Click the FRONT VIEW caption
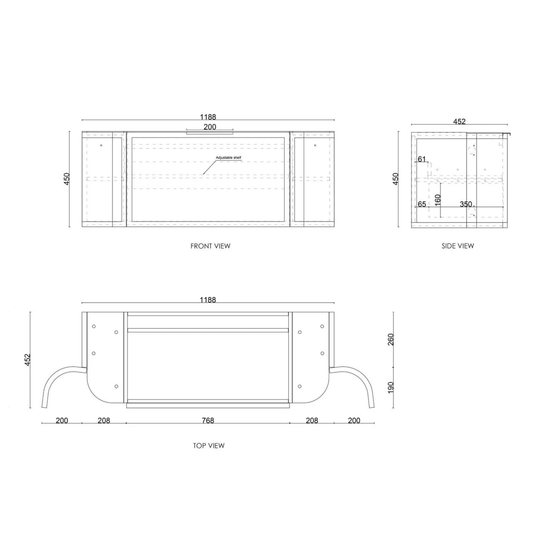(x=210, y=246)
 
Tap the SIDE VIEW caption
(x=457, y=246)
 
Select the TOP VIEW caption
(x=209, y=446)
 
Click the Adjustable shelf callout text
(x=228, y=158)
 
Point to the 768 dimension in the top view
(x=208, y=420)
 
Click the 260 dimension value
(x=391, y=339)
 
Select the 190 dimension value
(x=391, y=387)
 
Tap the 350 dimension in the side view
(x=466, y=204)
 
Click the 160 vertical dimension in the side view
(x=437, y=200)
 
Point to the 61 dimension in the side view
(x=422, y=159)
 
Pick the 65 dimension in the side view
(x=422, y=204)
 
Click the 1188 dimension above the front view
(x=208, y=117)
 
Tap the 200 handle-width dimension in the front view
(x=209, y=127)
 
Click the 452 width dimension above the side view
(x=459, y=122)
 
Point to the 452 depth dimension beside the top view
(x=27, y=360)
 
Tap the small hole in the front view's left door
(x=101, y=145)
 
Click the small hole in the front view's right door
(x=315, y=145)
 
